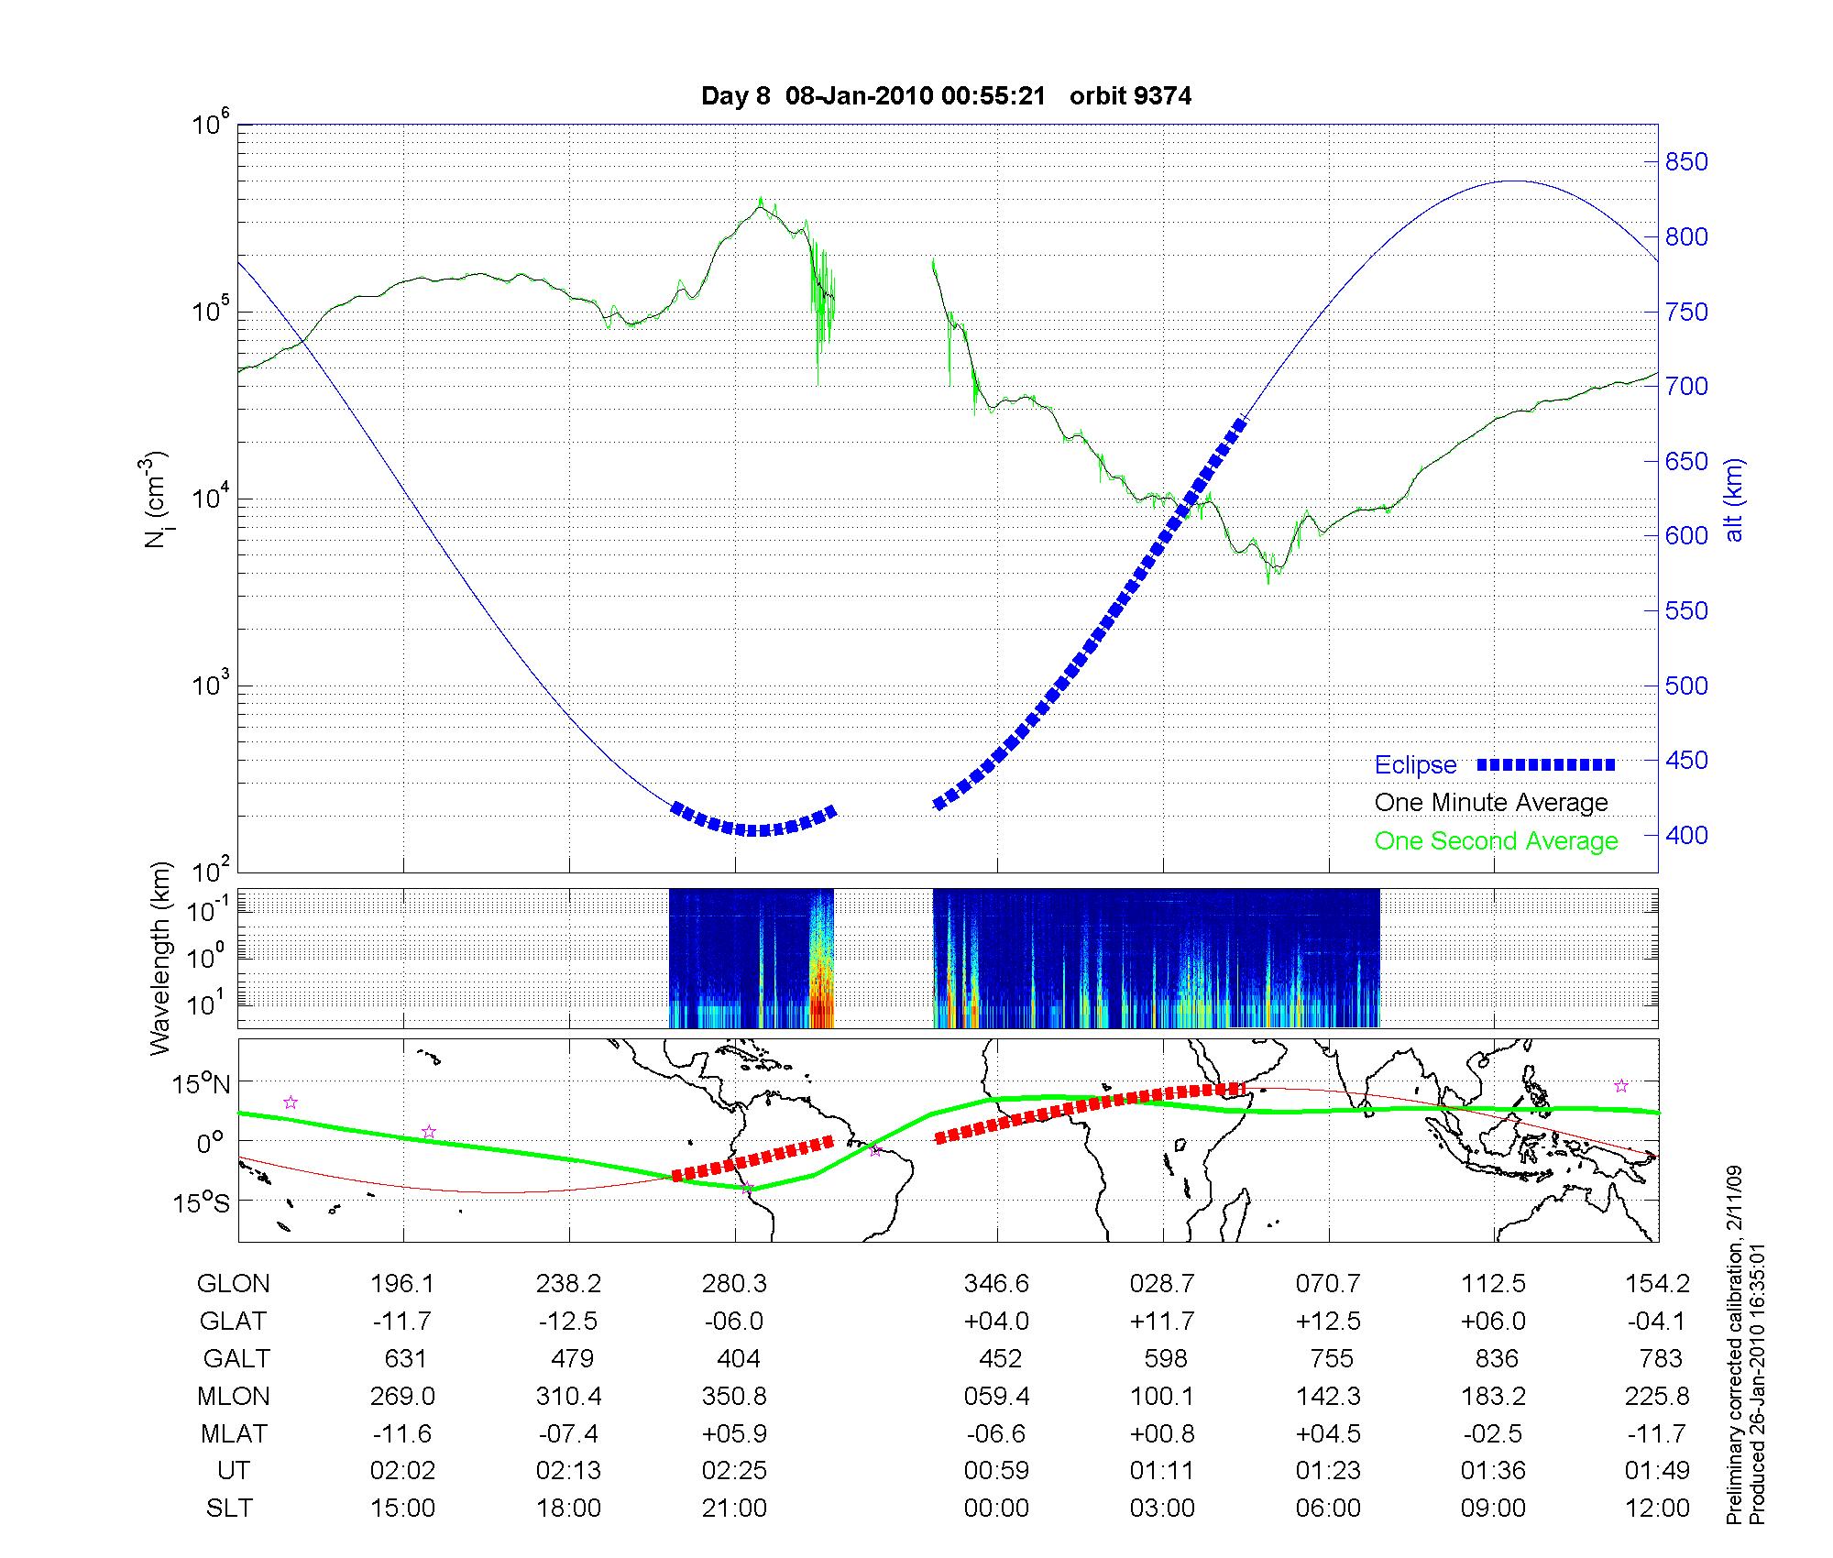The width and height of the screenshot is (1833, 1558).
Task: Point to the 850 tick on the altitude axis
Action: [1686, 162]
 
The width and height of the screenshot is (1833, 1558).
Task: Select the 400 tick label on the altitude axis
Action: [1686, 835]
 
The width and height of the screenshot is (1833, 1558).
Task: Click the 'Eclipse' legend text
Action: [1415, 765]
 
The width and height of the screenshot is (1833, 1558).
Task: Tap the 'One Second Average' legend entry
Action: [1496, 841]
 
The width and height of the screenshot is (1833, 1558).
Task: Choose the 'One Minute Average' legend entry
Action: [1491, 803]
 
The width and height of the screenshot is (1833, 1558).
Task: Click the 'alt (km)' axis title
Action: [1735, 499]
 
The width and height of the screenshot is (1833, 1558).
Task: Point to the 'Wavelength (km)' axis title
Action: [159, 958]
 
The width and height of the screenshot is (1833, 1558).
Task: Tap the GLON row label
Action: [233, 1284]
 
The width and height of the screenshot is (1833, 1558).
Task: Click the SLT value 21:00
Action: [734, 1509]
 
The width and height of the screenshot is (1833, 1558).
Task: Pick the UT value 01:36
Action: [1494, 1471]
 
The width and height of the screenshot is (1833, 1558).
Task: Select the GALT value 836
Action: [1496, 1358]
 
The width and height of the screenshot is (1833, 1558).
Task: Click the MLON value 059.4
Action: [996, 1397]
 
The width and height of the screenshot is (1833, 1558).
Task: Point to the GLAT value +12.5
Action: [1328, 1322]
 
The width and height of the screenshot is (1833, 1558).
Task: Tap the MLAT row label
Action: [233, 1433]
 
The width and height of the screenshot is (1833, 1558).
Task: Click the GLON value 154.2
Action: [1657, 1284]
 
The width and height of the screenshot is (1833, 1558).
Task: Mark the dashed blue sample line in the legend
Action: [1546, 765]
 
